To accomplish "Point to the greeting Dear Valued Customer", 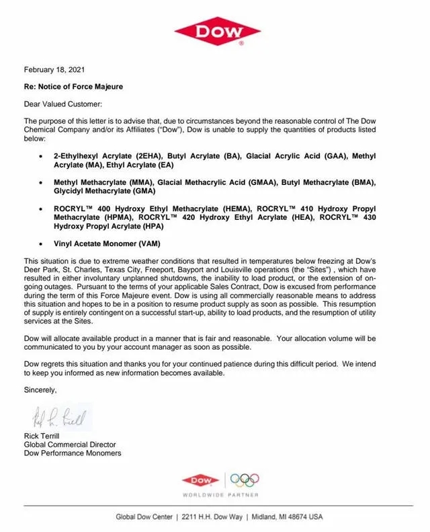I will (x=63, y=104).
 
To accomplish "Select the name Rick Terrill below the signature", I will (x=43, y=436).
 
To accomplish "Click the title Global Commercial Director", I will (x=69, y=445).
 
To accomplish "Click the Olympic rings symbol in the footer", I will (x=245, y=480).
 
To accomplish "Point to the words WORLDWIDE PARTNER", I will (x=220, y=495).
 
